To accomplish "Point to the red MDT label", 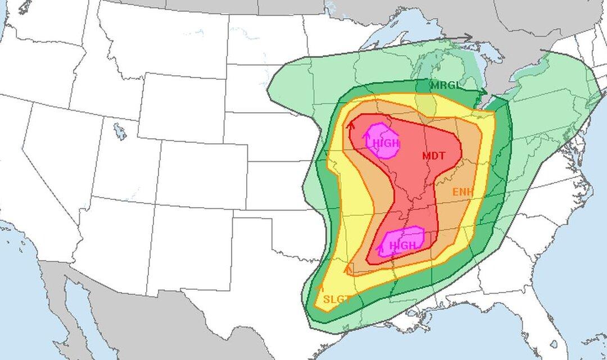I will [433, 156].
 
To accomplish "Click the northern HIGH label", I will [386, 143].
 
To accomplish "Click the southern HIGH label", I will [403, 245].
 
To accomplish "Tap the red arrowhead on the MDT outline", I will [351, 125].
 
